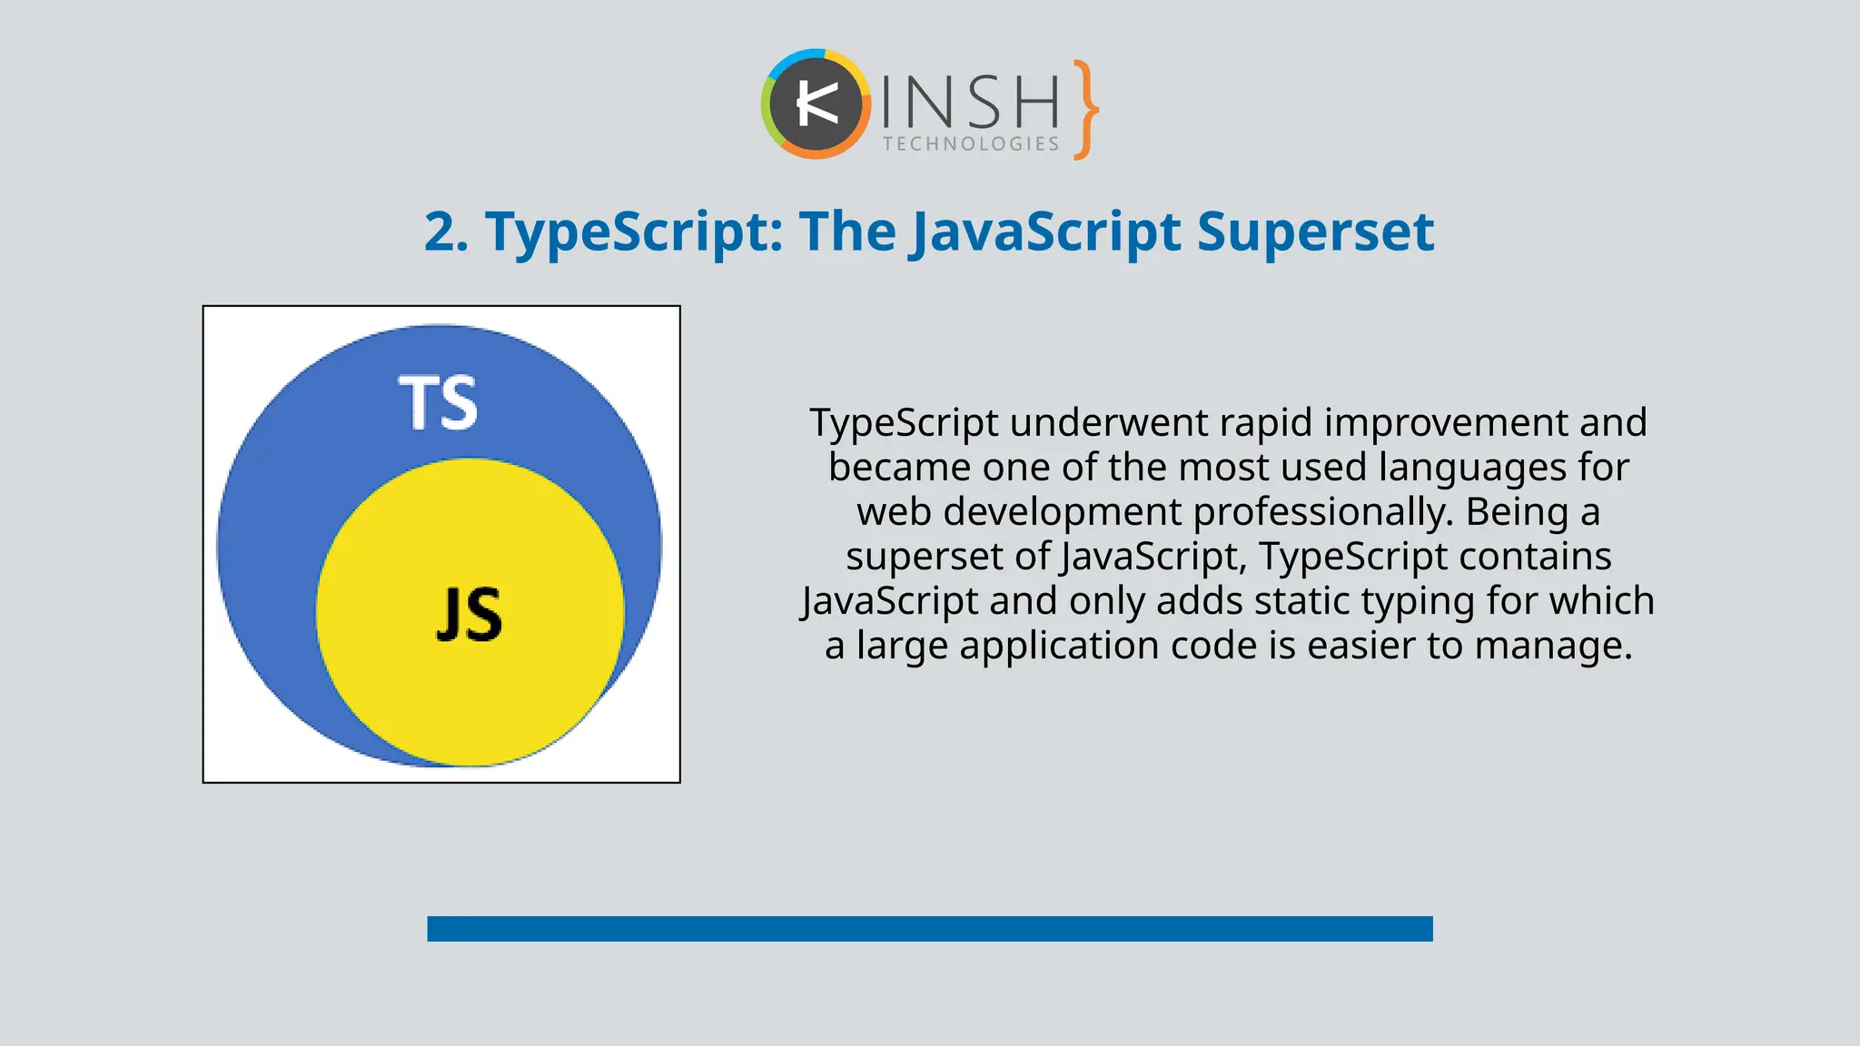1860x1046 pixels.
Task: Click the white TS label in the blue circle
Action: [x=438, y=402]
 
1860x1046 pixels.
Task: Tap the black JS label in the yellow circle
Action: [x=469, y=615]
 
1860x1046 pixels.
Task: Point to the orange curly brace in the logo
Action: [x=1085, y=110]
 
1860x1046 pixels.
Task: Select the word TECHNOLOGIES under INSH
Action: [x=971, y=144]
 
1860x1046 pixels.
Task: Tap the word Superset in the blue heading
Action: [x=1315, y=232]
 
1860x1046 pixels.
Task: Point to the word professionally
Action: [x=1323, y=512]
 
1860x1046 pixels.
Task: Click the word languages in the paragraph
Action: [x=1472, y=468]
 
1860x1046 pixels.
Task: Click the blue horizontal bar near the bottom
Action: [x=930, y=929]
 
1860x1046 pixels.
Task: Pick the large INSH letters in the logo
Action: [x=970, y=102]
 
